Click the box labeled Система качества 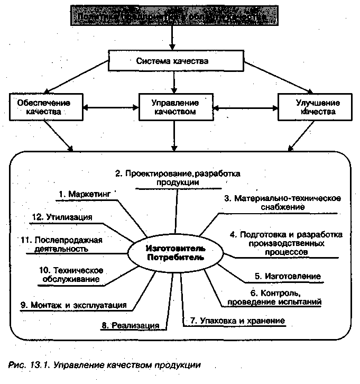(172, 61)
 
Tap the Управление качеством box (174, 107)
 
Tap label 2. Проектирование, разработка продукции (178, 177)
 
